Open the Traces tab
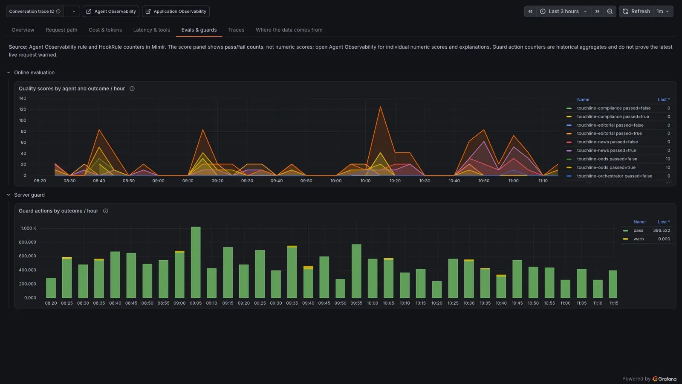pyautogui.click(x=236, y=30)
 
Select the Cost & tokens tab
pyautogui.click(x=105, y=30)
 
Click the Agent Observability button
pyautogui.click(x=111, y=11)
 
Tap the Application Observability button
pyautogui.click(x=176, y=11)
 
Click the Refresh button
pyautogui.click(x=636, y=11)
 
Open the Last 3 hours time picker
pyautogui.click(x=564, y=11)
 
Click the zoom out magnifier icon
pyautogui.click(x=610, y=11)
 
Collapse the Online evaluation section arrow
pyautogui.click(x=9, y=73)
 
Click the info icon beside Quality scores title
pyautogui.click(x=132, y=89)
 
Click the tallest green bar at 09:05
pyautogui.click(x=196, y=262)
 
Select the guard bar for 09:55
pyautogui.click(x=356, y=271)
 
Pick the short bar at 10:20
pyautogui.click(x=436, y=290)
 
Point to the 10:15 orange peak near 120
pyautogui.click(x=380, y=107)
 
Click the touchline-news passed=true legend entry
pyautogui.click(x=606, y=150)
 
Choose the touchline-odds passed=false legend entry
pyautogui.click(x=607, y=159)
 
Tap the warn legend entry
pyautogui.click(x=639, y=239)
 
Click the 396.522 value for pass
pyautogui.click(x=661, y=230)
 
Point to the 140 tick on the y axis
pyautogui.click(x=23, y=99)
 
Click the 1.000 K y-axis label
pyautogui.click(x=28, y=228)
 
